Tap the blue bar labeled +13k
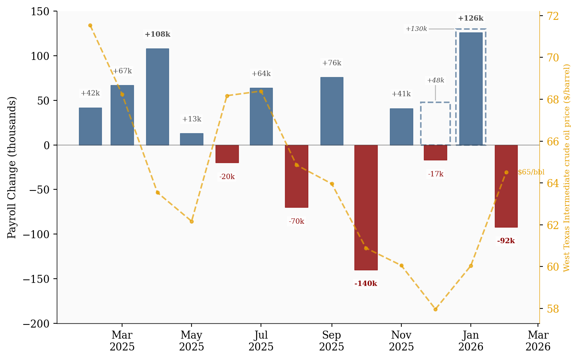click(192, 139)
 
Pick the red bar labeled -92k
click(506, 186)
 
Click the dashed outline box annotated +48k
click(435, 123)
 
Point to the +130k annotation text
click(416, 29)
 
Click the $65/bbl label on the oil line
click(531, 172)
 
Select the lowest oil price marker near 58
click(435, 309)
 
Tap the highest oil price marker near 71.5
click(90, 26)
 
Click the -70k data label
click(296, 221)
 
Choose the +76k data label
click(332, 63)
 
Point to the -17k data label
click(435, 174)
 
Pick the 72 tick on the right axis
click(553, 16)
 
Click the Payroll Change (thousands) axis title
click(12, 168)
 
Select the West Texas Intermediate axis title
click(567, 168)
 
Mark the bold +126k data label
click(470, 18)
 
